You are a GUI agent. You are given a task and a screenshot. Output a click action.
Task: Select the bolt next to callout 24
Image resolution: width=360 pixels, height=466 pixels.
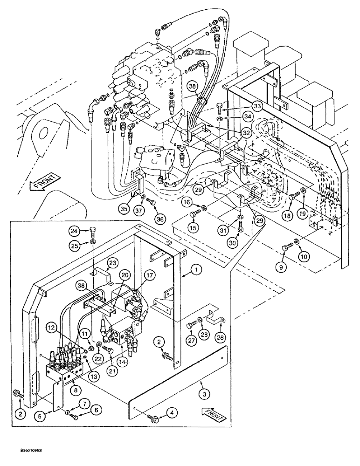pos(93,230)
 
